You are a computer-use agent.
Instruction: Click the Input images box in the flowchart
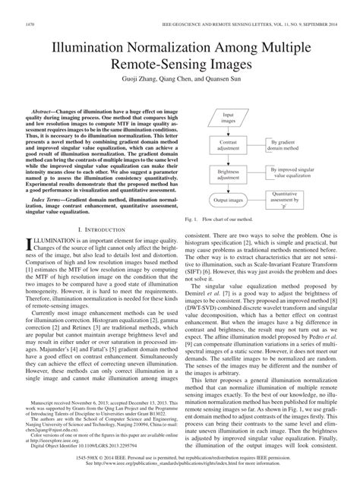228,118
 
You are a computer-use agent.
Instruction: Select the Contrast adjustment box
228,146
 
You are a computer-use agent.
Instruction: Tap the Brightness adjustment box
228,174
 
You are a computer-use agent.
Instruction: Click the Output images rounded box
228,201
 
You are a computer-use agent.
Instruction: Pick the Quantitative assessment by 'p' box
286,201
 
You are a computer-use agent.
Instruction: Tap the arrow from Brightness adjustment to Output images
228,188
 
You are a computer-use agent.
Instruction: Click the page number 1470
31,25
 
